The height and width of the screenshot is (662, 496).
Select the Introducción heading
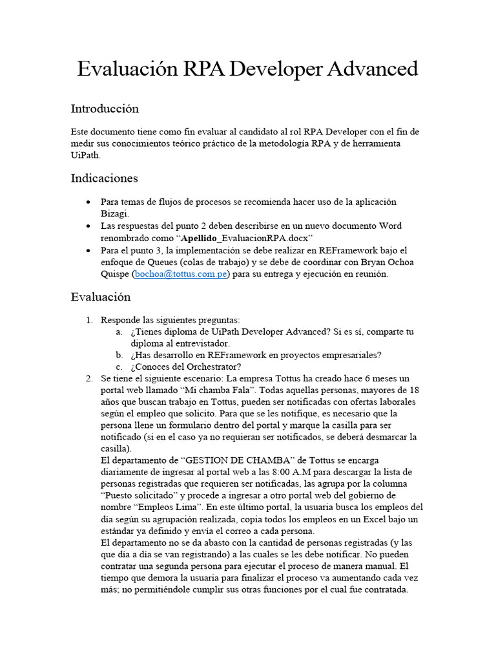105,109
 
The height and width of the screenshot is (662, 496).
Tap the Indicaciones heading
104,178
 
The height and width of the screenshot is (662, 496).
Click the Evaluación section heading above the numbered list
101,297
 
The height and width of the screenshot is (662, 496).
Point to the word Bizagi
115,213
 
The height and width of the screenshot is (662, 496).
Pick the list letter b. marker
119,355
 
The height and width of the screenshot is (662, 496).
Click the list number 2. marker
90,378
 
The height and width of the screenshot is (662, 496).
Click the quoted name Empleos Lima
169,507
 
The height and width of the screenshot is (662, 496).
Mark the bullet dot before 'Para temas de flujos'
88,202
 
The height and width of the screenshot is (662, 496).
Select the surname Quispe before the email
115,273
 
